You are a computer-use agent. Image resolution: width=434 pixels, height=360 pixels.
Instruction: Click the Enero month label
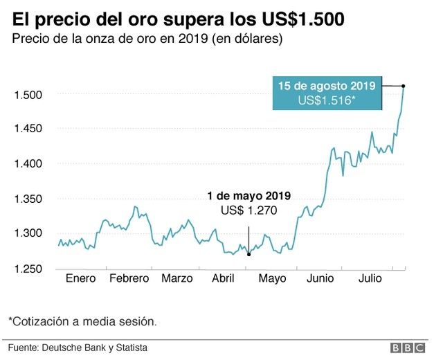click(81, 279)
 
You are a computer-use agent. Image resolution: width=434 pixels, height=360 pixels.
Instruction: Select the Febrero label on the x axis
click(129, 279)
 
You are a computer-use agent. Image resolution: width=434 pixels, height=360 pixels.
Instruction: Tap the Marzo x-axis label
click(177, 279)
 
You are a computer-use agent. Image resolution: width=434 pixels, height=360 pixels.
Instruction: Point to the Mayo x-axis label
click(273, 279)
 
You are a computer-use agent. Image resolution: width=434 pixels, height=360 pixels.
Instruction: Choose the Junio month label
click(320, 279)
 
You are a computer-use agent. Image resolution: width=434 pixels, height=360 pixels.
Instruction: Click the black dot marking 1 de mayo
click(248, 254)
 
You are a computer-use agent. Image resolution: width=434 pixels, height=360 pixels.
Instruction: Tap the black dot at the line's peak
click(404, 86)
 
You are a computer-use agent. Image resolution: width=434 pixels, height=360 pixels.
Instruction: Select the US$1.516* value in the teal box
click(327, 100)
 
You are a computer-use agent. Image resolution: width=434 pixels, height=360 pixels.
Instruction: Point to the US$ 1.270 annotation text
click(248, 210)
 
